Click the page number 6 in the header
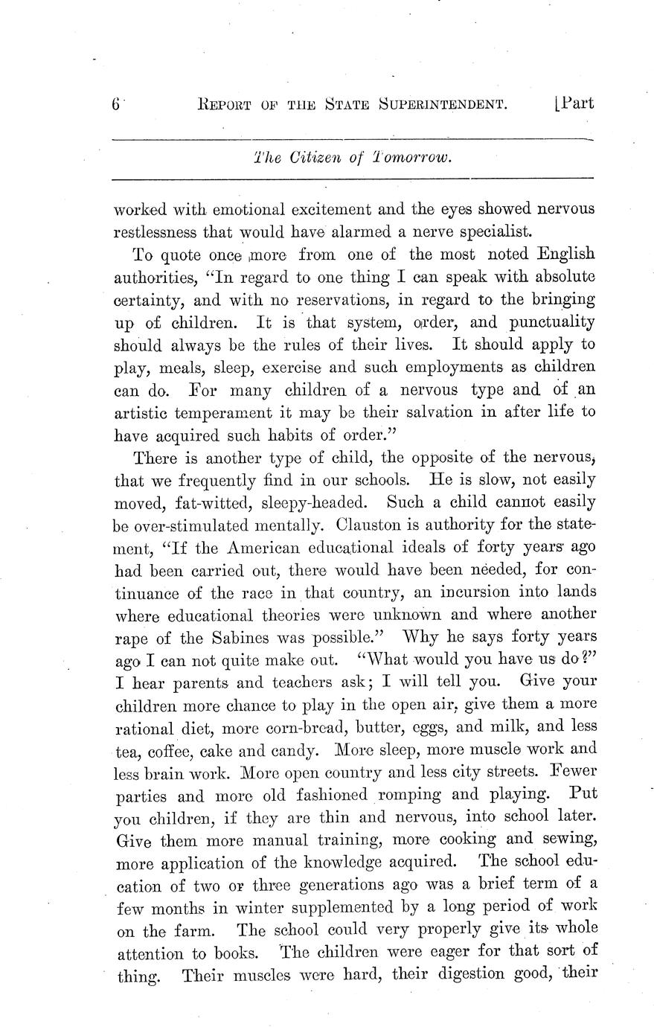tap(116, 105)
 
